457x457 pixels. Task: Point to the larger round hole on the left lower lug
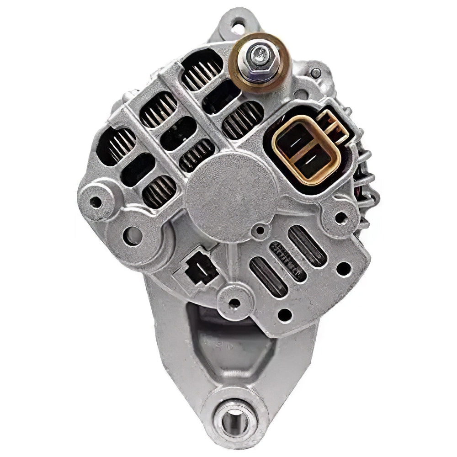pos(132,235)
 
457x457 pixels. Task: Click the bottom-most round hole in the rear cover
pos(284,314)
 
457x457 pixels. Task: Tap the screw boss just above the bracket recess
pos(234,302)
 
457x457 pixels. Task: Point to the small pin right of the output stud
pos(315,72)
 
